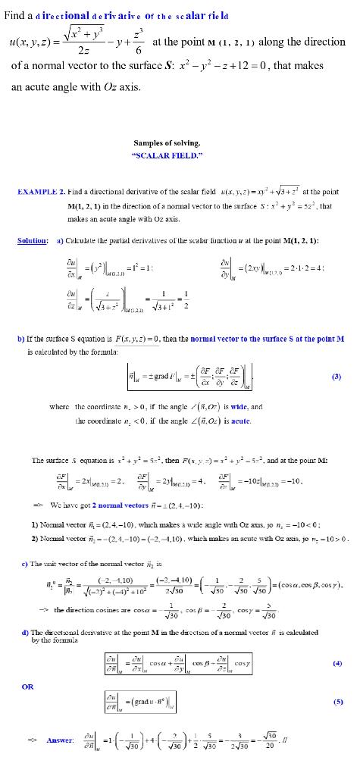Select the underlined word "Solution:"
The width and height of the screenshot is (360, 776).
[32, 240]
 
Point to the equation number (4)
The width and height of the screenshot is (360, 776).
[337, 662]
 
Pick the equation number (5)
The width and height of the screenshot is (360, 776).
[337, 700]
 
